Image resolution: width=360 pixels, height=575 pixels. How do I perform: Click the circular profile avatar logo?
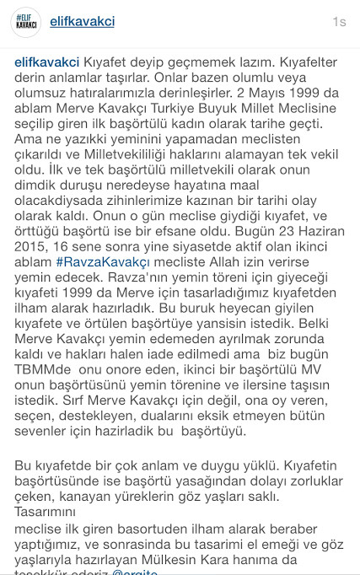[26, 23]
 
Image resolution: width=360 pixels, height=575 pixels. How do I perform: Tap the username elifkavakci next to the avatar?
[83, 22]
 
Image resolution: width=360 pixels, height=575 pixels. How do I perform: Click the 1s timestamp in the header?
[338, 22]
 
